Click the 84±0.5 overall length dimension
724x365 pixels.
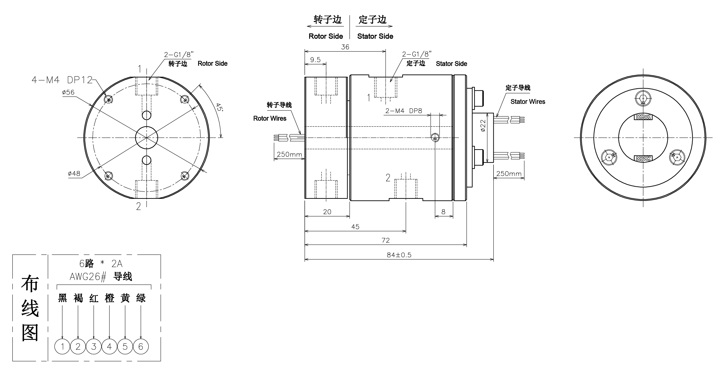pyautogui.click(x=399, y=255)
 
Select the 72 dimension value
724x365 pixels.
pyautogui.click(x=386, y=240)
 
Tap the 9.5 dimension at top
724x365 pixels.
pyautogui.click(x=315, y=60)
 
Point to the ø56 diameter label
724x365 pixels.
pyautogui.click(x=68, y=92)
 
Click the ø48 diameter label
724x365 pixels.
pyautogui.click(x=74, y=174)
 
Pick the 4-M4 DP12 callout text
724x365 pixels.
pyautogui.click(x=62, y=80)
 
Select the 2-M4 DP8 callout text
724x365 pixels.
pyautogui.click(x=404, y=111)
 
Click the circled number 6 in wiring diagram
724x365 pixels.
pyautogui.click(x=141, y=346)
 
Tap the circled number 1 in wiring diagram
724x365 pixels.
pyautogui.click(x=62, y=346)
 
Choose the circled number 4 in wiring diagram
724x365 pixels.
pyautogui.click(x=109, y=346)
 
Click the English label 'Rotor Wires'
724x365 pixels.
pyautogui.click(x=270, y=118)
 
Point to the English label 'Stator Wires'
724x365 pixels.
pyautogui.click(x=528, y=102)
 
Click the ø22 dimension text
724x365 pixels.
pyautogui.click(x=483, y=126)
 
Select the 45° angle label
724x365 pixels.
pyautogui.click(x=220, y=107)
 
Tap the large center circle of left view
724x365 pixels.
pyautogui.click(x=146, y=138)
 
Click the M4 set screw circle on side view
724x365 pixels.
pyautogui.click(x=435, y=138)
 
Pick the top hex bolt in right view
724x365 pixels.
pyautogui.click(x=643, y=99)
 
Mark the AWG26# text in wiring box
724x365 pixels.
pyautogui.click(x=88, y=277)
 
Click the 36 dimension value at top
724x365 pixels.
pyautogui.click(x=345, y=47)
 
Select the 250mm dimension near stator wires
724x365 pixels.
pyautogui.click(x=509, y=173)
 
